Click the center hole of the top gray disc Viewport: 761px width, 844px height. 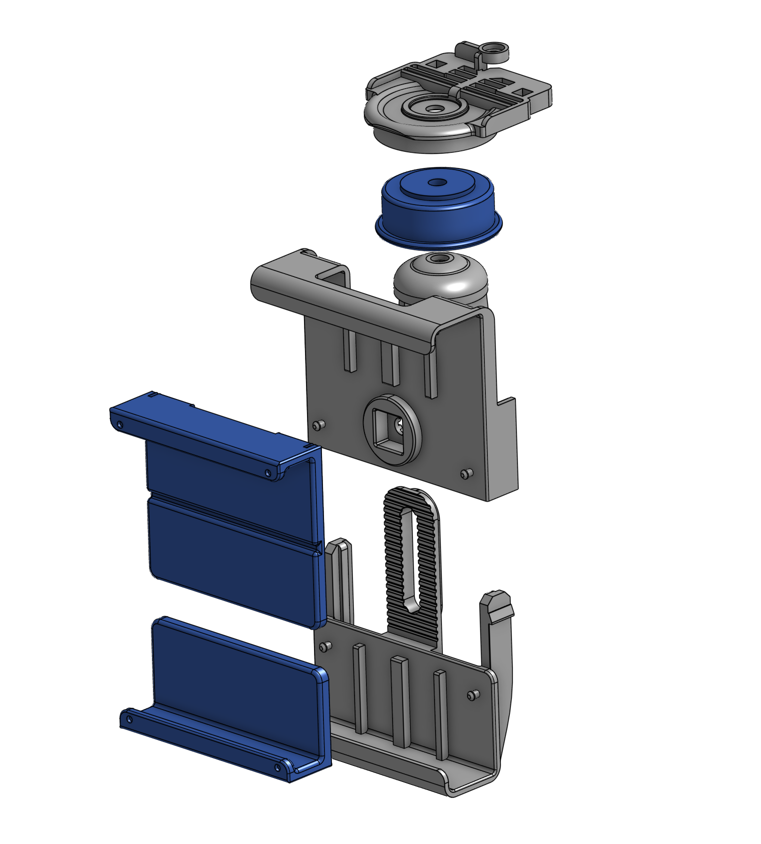pyautogui.click(x=433, y=108)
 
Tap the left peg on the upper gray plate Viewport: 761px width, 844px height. pyautogui.click(x=319, y=425)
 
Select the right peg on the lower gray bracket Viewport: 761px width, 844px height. pyautogui.click(x=473, y=694)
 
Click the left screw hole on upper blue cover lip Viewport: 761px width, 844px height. pyautogui.click(x=119, y=424)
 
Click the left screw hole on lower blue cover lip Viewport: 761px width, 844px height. pyautogui.click(x=129, y=719)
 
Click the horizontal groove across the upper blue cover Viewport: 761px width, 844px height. pyautogui.click(x=232, y=520)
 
